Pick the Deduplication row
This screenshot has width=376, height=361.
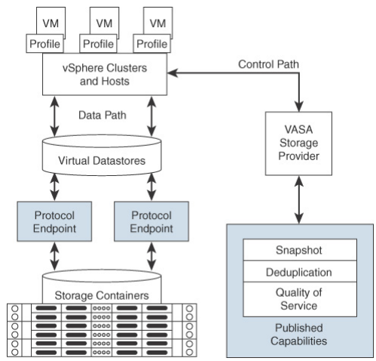tap(298, 272)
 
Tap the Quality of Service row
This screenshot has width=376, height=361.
tap(298, 298)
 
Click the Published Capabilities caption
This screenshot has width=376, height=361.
tap(298, 334)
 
